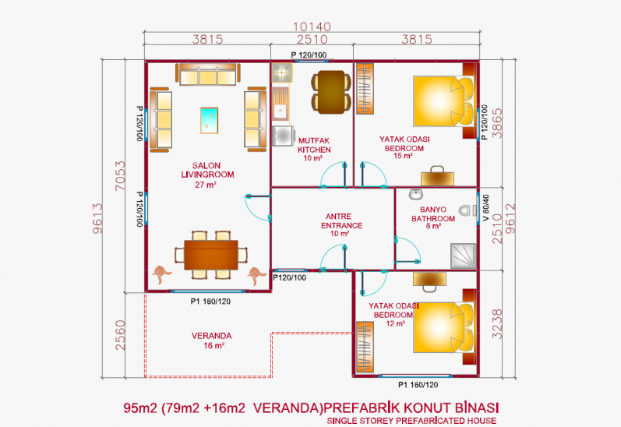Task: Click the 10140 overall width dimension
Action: coord(312,27)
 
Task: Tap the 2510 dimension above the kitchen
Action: coord(312,40)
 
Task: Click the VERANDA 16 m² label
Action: coord(212,341)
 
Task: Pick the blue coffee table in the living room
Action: coord(209,121)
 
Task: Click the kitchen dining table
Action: coord(331,92)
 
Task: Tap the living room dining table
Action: coord(211,255)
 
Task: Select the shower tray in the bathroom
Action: coord(463,256)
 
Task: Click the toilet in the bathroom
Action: coord(468,210)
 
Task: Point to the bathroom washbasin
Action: coord(416,194)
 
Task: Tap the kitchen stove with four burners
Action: coord(282,72)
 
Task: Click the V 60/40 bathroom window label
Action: coord(486,207)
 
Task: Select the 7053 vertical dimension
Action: coord(120,175)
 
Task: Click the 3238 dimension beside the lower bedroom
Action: coord(497,324)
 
